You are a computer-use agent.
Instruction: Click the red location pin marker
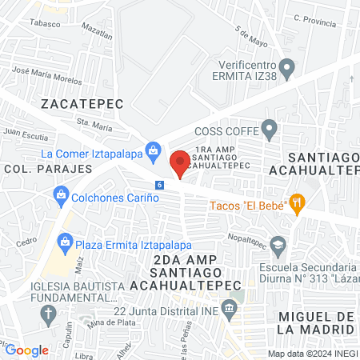(180, 162)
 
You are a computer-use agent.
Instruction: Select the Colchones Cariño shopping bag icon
(61, 194)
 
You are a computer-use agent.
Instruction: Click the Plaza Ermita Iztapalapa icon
(65, 240)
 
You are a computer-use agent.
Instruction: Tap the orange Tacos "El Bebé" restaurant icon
(297, 203)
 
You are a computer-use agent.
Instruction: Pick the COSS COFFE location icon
(270, 127)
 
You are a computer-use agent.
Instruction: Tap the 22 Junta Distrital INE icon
(230, 308)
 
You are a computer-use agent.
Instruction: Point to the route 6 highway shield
(160, 185)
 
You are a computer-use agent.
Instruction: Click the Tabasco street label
(46, 23)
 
